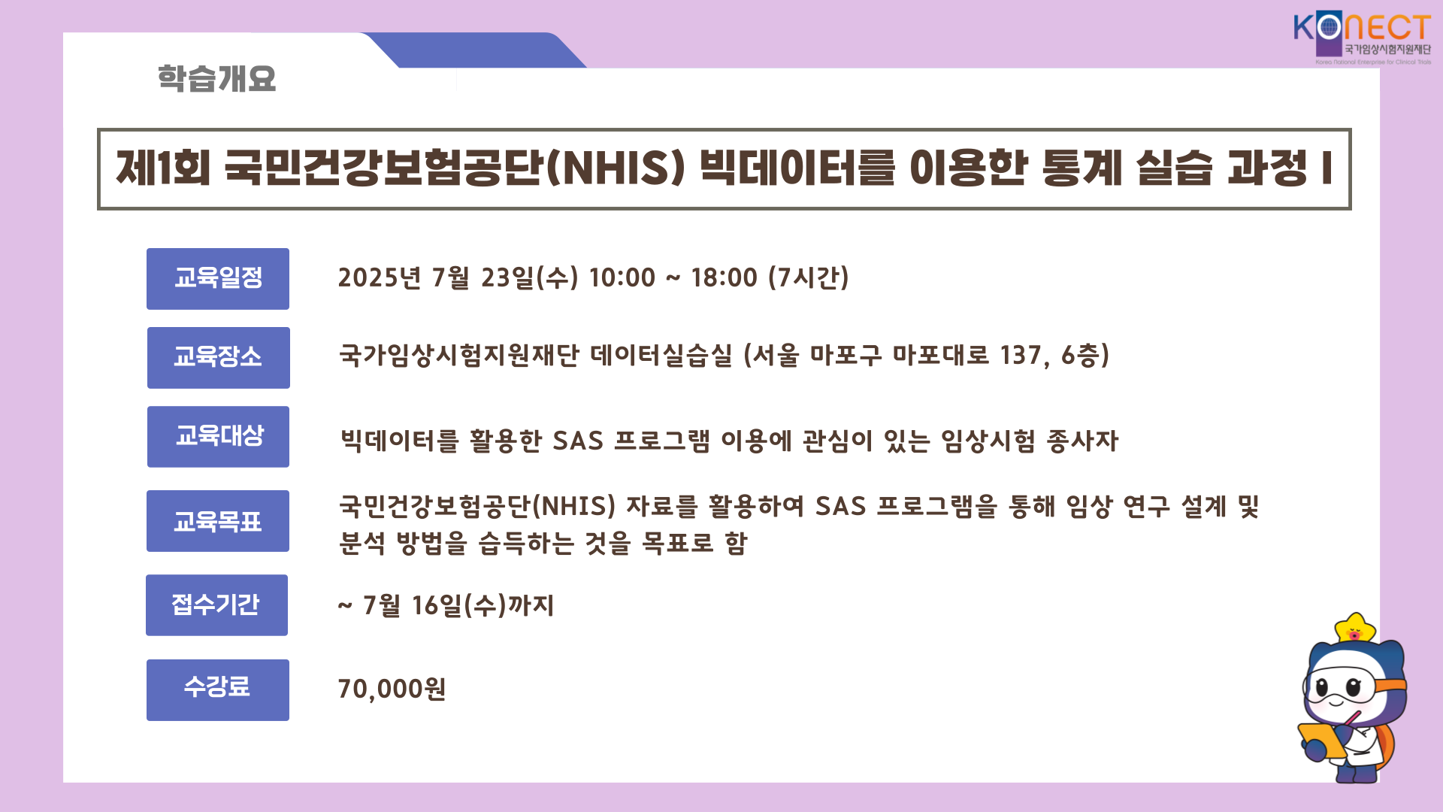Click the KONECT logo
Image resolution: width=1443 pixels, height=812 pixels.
click(1362, 38)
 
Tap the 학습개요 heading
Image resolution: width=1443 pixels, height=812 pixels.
click(216, 78)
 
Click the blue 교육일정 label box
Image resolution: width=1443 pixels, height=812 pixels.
click(218, 279)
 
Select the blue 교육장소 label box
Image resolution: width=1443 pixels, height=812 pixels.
click(219, 358)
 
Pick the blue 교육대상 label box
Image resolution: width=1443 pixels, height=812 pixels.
click(219, 437)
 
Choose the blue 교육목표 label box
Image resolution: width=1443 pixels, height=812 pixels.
click(218, 521)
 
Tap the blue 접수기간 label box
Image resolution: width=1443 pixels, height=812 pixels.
click(217, 605)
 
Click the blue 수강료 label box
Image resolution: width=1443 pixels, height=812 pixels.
click(218, 690)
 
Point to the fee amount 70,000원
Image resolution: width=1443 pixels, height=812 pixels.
click(392, 689)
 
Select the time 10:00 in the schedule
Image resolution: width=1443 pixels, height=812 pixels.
click(622, 277)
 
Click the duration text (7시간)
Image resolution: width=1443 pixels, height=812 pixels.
click(809, 277)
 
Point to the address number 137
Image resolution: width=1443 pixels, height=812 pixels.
click(1021, 355)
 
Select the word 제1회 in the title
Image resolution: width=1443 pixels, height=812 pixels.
click(163, 168)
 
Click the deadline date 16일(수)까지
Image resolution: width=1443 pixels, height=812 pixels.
click(483, 605)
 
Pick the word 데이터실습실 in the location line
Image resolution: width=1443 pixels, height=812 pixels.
click(661, 355)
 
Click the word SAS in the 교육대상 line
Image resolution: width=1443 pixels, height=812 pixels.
click(578, 441)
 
